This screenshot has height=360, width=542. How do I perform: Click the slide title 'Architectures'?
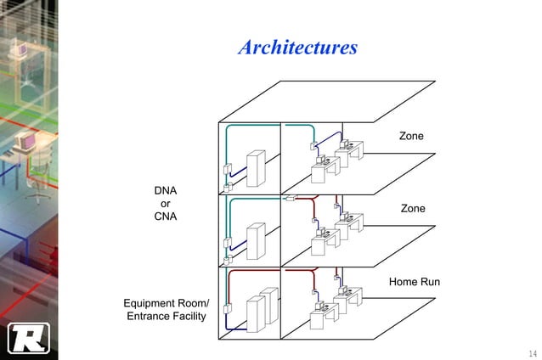[x=297, y=47]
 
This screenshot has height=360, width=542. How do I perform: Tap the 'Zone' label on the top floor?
[x=411, y=137]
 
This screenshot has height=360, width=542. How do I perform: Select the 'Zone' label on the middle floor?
[x=412, y=208]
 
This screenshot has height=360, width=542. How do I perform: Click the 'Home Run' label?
[x=414, y=281]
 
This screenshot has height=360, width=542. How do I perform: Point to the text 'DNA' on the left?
[x=165, y=190]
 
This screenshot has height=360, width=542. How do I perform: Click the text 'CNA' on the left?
[x=165, y=217]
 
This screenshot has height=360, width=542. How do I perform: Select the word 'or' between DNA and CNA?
[x=165, y=204]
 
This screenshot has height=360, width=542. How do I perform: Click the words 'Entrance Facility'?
[x=166, y=317]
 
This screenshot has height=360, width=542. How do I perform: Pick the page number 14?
[x=532, y=352]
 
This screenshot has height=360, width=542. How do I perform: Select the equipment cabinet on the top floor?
[x=255, y=168]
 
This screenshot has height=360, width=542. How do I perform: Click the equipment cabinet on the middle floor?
[x=255, y=241]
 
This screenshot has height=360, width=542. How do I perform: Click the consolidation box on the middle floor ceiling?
[x=290, y=199]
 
